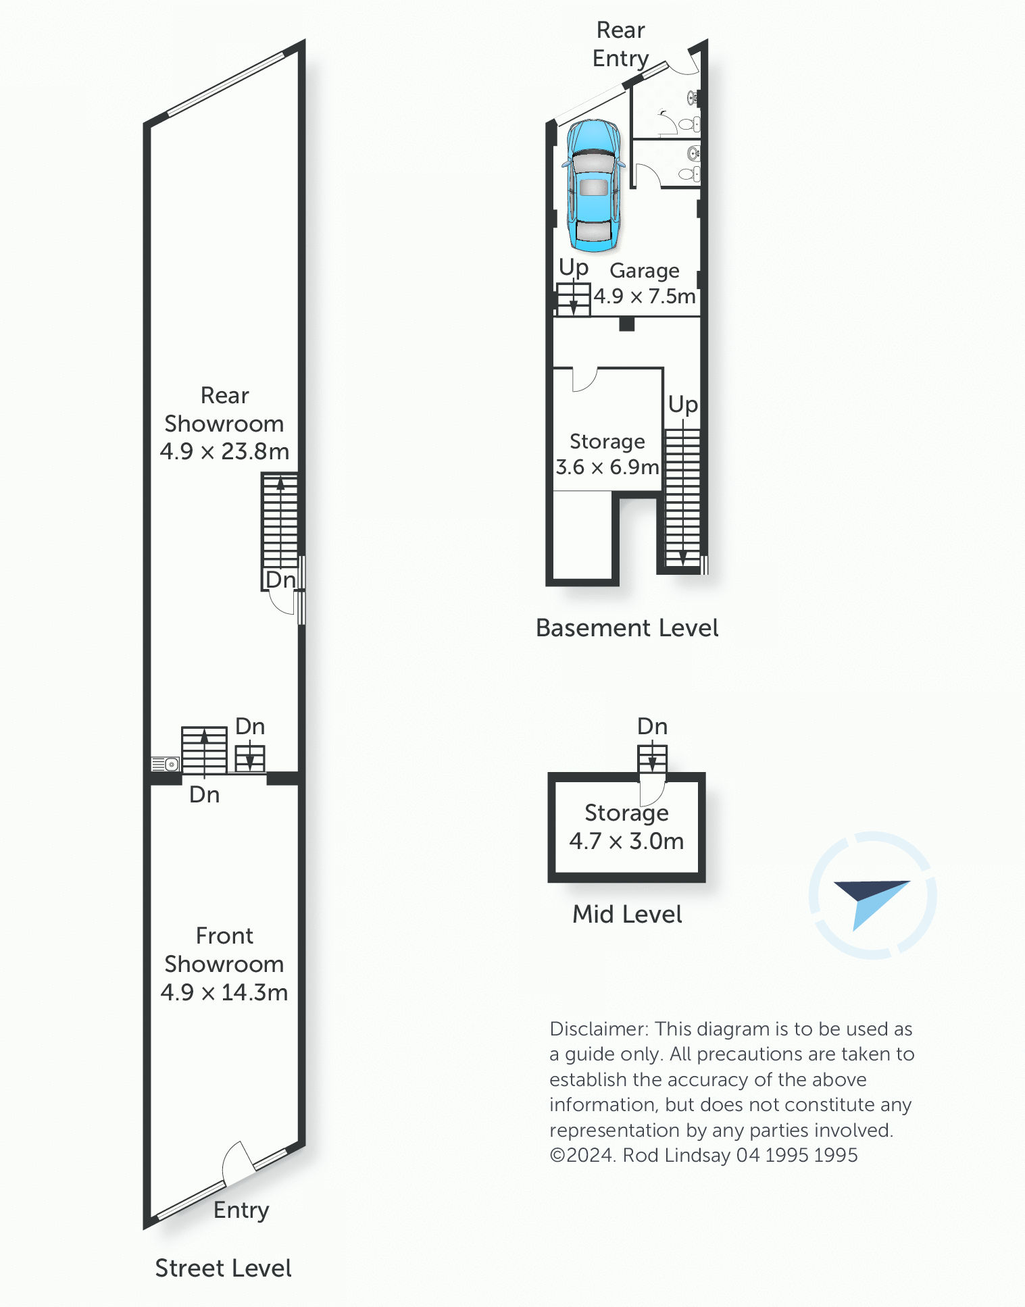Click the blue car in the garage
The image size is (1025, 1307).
coord(593,186)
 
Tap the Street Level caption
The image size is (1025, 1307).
coord(223,1268)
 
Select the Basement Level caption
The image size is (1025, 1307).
coord(626,627)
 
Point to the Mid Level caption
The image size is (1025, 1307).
coord(627,914)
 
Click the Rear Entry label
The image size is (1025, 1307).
coord(620,45)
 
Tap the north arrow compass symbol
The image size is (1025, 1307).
coord(872,896)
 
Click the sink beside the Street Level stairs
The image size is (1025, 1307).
coord(165,764)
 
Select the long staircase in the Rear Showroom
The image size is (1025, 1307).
coord(280,520)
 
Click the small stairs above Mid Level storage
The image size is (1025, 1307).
coord(652,759)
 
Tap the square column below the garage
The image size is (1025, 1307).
coord(627,324)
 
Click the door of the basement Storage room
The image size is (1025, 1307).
coord(584,380)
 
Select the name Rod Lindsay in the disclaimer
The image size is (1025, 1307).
coord(676,1155)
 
